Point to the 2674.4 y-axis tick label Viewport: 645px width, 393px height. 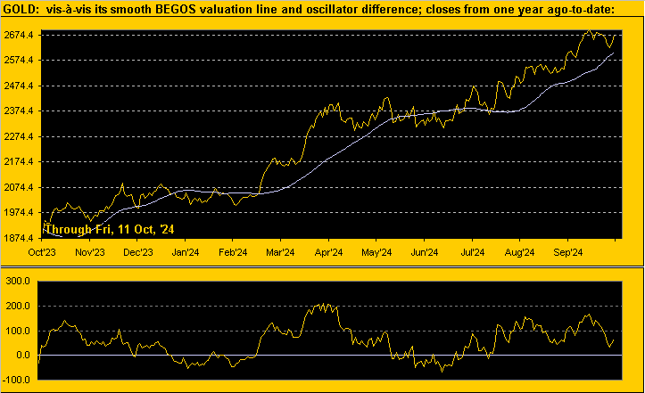[21, 35]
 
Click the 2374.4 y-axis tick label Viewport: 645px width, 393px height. [21, 111]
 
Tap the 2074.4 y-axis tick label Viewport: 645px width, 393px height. [21, 188]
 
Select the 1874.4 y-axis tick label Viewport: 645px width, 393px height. [21, 239]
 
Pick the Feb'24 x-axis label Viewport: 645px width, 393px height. [233, 251]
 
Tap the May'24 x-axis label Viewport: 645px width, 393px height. [376, 251]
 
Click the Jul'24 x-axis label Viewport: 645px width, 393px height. [473, 251]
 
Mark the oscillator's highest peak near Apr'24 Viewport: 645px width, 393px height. [323, 305]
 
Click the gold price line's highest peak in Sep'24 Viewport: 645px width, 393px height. [590, 32]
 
